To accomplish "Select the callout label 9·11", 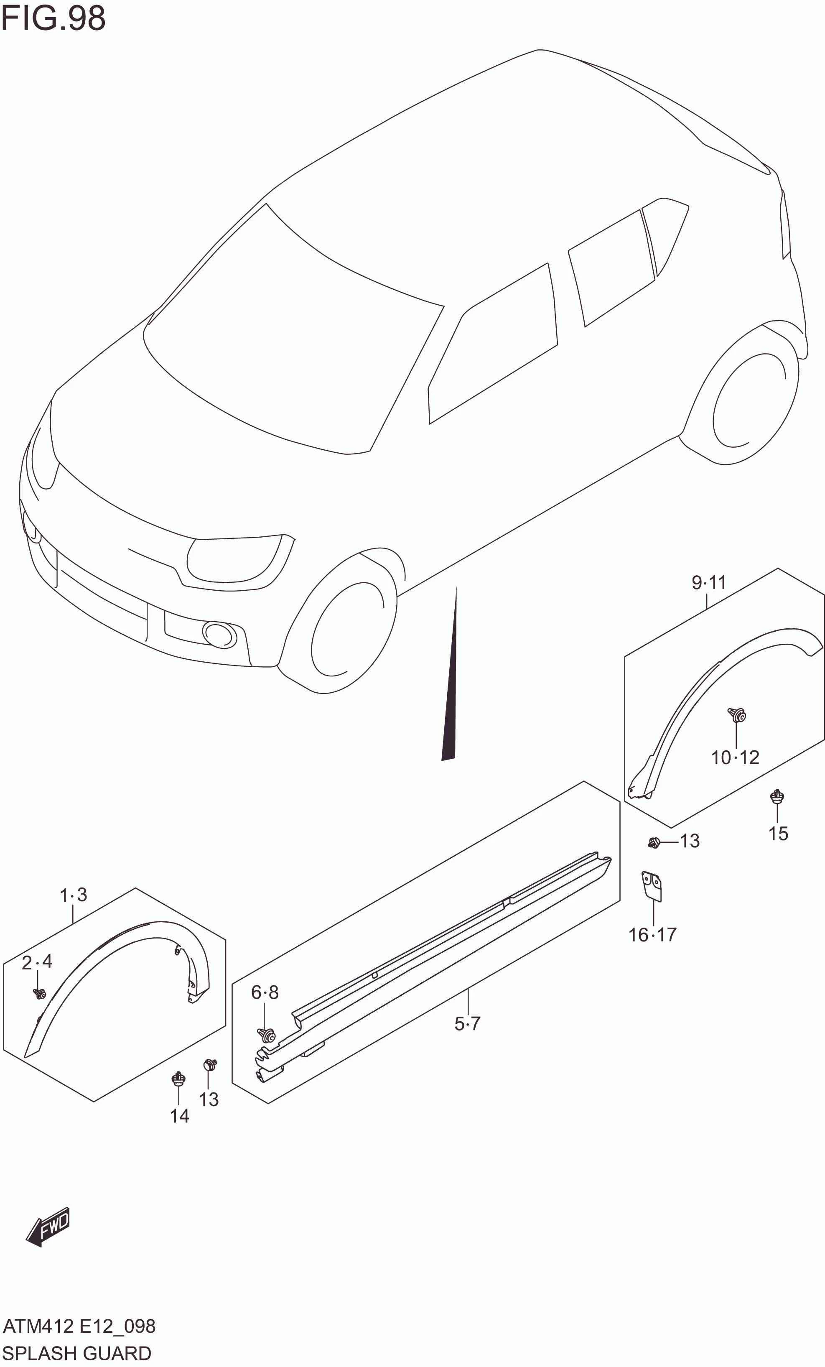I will pyautogui.click(x=708, y=582).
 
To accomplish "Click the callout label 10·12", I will pyautogui.click(x=735, y=758).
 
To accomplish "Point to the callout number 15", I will pyautogui.click(x=778, y=833).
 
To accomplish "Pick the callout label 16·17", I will pyautogui.click(x=652, y=935).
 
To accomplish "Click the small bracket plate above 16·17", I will pyautogui.click(x=652, y=885).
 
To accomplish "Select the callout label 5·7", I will pyautogui.click(x=467, y=1024).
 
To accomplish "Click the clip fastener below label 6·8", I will pyautogui.click(x=267, y=1035).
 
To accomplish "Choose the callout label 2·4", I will pyautogui.click(x=37, y=961).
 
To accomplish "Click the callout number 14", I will pyautogui.click(x=179, y=1116).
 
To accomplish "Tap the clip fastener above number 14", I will pyautogui.click(x=178, y=1079).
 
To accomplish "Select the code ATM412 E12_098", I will pyautogui.click(x=79, y=1326).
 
